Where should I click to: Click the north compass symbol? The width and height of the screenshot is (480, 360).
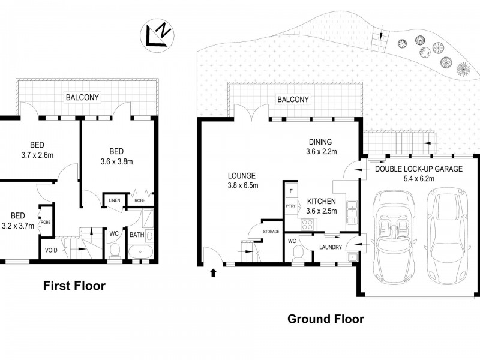click(157, 35)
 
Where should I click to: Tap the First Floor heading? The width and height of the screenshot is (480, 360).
click(74, 286)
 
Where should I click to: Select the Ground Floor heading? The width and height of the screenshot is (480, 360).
click(326, 319)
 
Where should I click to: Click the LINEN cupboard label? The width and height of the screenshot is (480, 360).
click(115, 200)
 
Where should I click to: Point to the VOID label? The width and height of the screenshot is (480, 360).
click(51, 250)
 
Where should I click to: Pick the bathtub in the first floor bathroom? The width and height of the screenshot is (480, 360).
click(140, 251)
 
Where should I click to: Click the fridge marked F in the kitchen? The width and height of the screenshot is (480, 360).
click(291, 191)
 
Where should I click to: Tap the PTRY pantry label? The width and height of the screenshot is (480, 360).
click(290, 206)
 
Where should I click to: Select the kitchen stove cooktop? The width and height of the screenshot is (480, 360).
click(307, 224)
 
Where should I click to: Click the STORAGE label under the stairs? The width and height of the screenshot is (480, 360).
click(271, 232)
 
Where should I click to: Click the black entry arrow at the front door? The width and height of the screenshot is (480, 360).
click(214, 272)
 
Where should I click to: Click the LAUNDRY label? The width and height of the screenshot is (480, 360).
click(331, 247)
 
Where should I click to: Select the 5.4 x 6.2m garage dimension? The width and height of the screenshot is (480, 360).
click(419, 178)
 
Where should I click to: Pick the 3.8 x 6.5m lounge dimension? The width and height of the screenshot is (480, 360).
click(243, 185)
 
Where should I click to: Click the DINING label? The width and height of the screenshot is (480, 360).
click(320, 142)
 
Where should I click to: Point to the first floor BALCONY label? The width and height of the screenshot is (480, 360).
click(82, 97)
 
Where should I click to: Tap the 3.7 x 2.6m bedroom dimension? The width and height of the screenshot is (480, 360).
click(37, 155)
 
